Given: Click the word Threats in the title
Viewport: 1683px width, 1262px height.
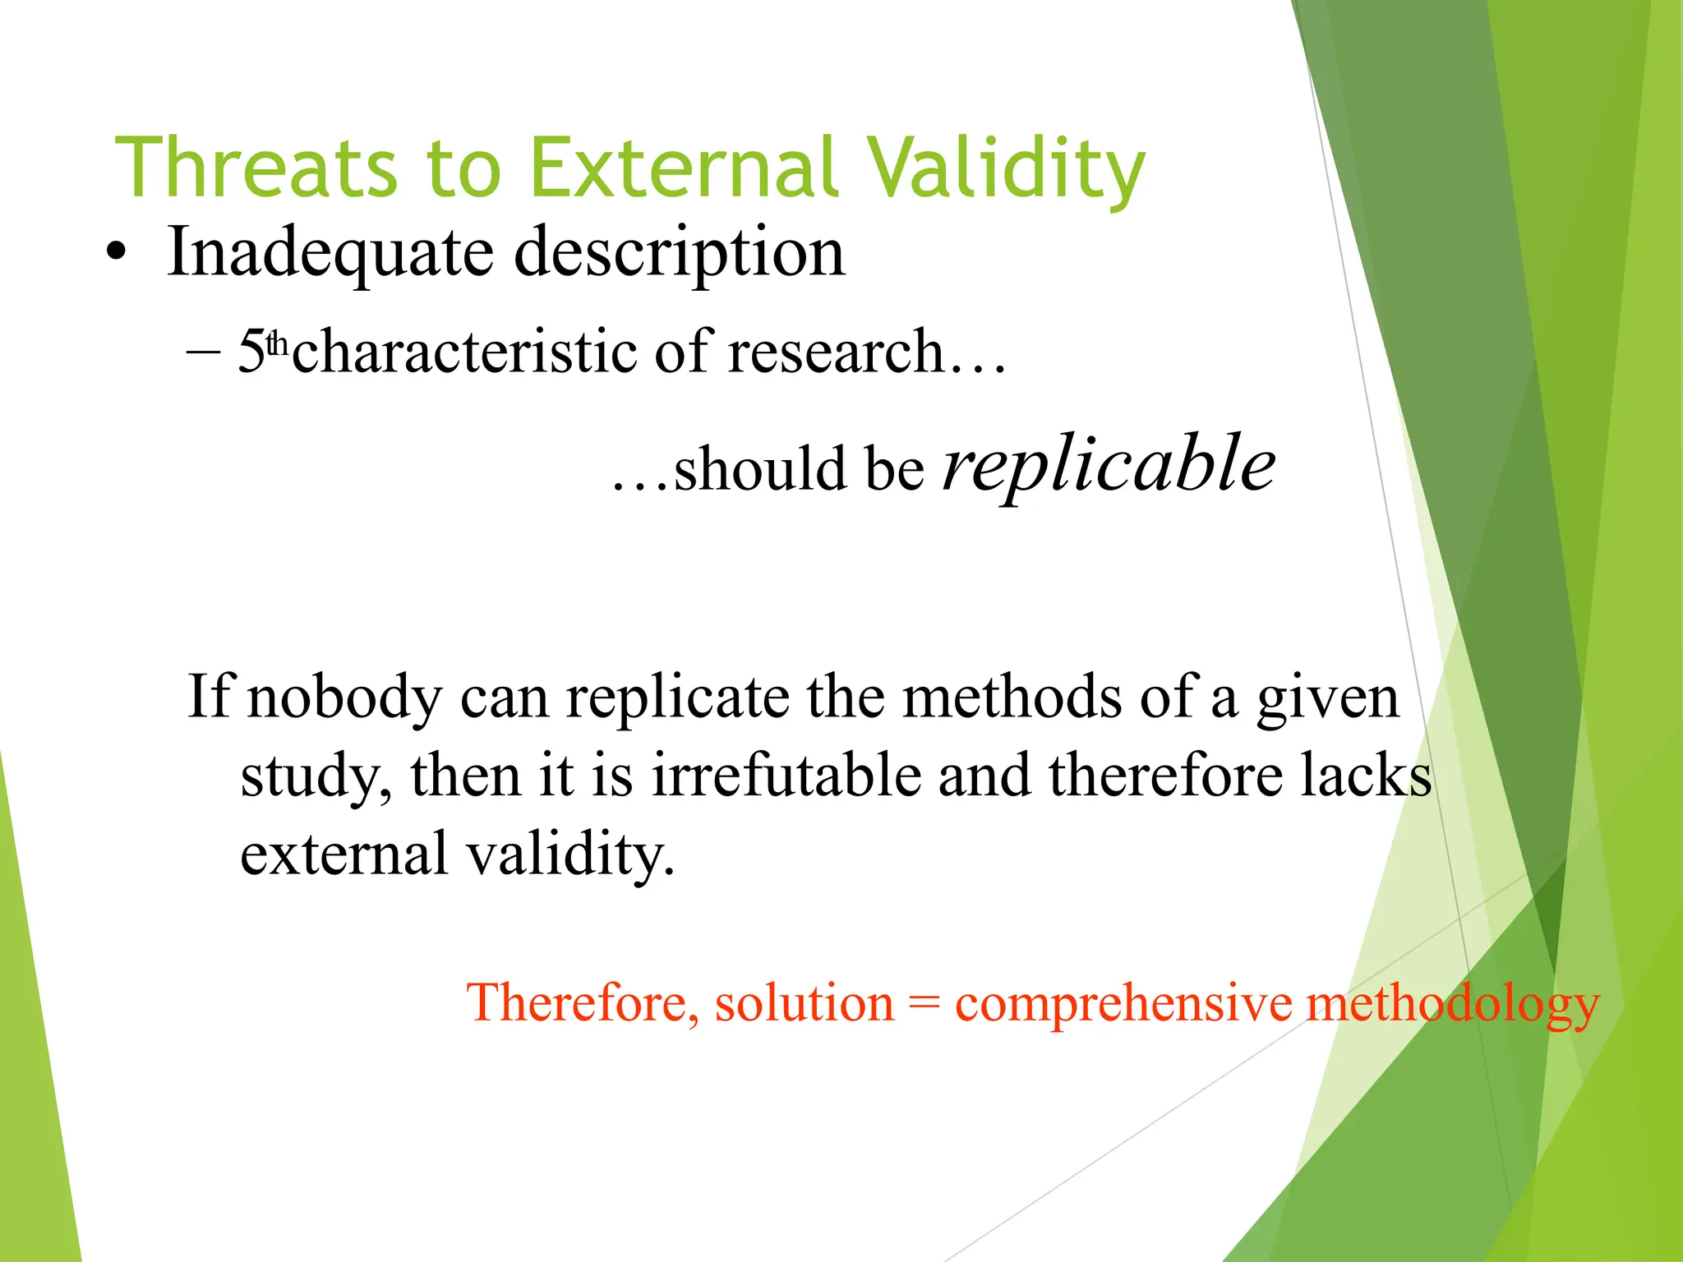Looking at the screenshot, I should click(256, 168).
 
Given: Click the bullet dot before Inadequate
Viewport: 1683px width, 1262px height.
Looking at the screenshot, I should click(117, 254).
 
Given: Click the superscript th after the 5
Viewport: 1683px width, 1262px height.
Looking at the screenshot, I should click(279, 343).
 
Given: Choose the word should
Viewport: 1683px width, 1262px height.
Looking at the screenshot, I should click(759, 469).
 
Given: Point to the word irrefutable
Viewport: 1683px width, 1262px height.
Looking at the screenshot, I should click(786, 776).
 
